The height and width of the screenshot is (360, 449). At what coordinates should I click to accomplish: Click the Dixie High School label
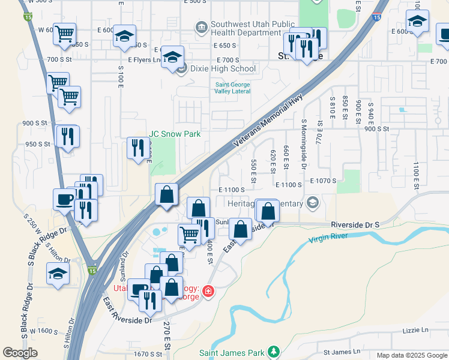pos(223,68)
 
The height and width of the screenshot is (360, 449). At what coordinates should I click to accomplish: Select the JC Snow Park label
pos(175,134)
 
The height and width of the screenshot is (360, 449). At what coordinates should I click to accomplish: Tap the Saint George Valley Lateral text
pos(233,88)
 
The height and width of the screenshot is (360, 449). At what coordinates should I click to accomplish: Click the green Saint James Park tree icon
pos(274,351)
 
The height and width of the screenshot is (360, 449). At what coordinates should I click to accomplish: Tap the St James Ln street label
pos(341,352)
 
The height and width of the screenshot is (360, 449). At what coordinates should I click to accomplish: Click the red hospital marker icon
pos(208,292)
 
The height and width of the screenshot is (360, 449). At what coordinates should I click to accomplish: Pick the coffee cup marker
pos(64,199)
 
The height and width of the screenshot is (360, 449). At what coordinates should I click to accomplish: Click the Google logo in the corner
pos(20,353)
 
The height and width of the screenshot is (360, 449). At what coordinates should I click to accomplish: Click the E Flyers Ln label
pos(142,60)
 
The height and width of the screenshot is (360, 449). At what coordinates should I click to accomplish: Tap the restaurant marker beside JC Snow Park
pos(138,147)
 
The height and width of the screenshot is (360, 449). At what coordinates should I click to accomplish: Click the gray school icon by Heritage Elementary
pos(312,203)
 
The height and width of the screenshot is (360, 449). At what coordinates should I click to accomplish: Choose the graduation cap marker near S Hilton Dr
pos(58,274)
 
